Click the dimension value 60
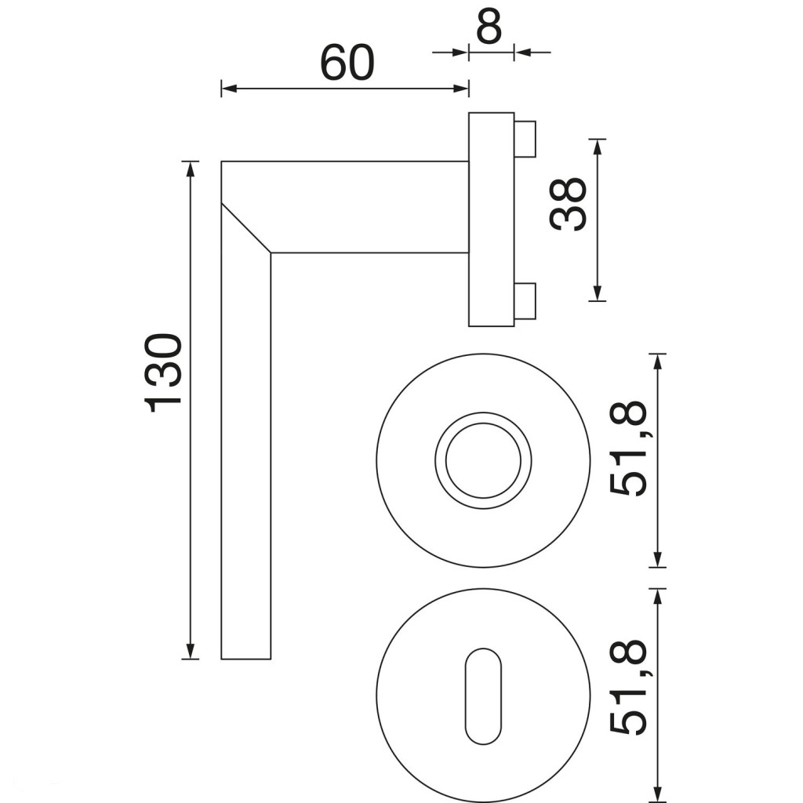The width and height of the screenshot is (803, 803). coord(347,63)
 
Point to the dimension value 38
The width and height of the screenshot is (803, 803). coord(568,204)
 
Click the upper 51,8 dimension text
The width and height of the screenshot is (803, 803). coord(629,449)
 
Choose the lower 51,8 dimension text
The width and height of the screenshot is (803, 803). coord(629,686)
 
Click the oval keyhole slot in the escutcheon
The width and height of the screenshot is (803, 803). coord(483,696)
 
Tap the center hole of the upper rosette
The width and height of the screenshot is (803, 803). coord(483,460)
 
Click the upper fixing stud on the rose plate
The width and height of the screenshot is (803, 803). coord(525,139)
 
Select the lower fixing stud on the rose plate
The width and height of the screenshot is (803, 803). coord(525,300)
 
